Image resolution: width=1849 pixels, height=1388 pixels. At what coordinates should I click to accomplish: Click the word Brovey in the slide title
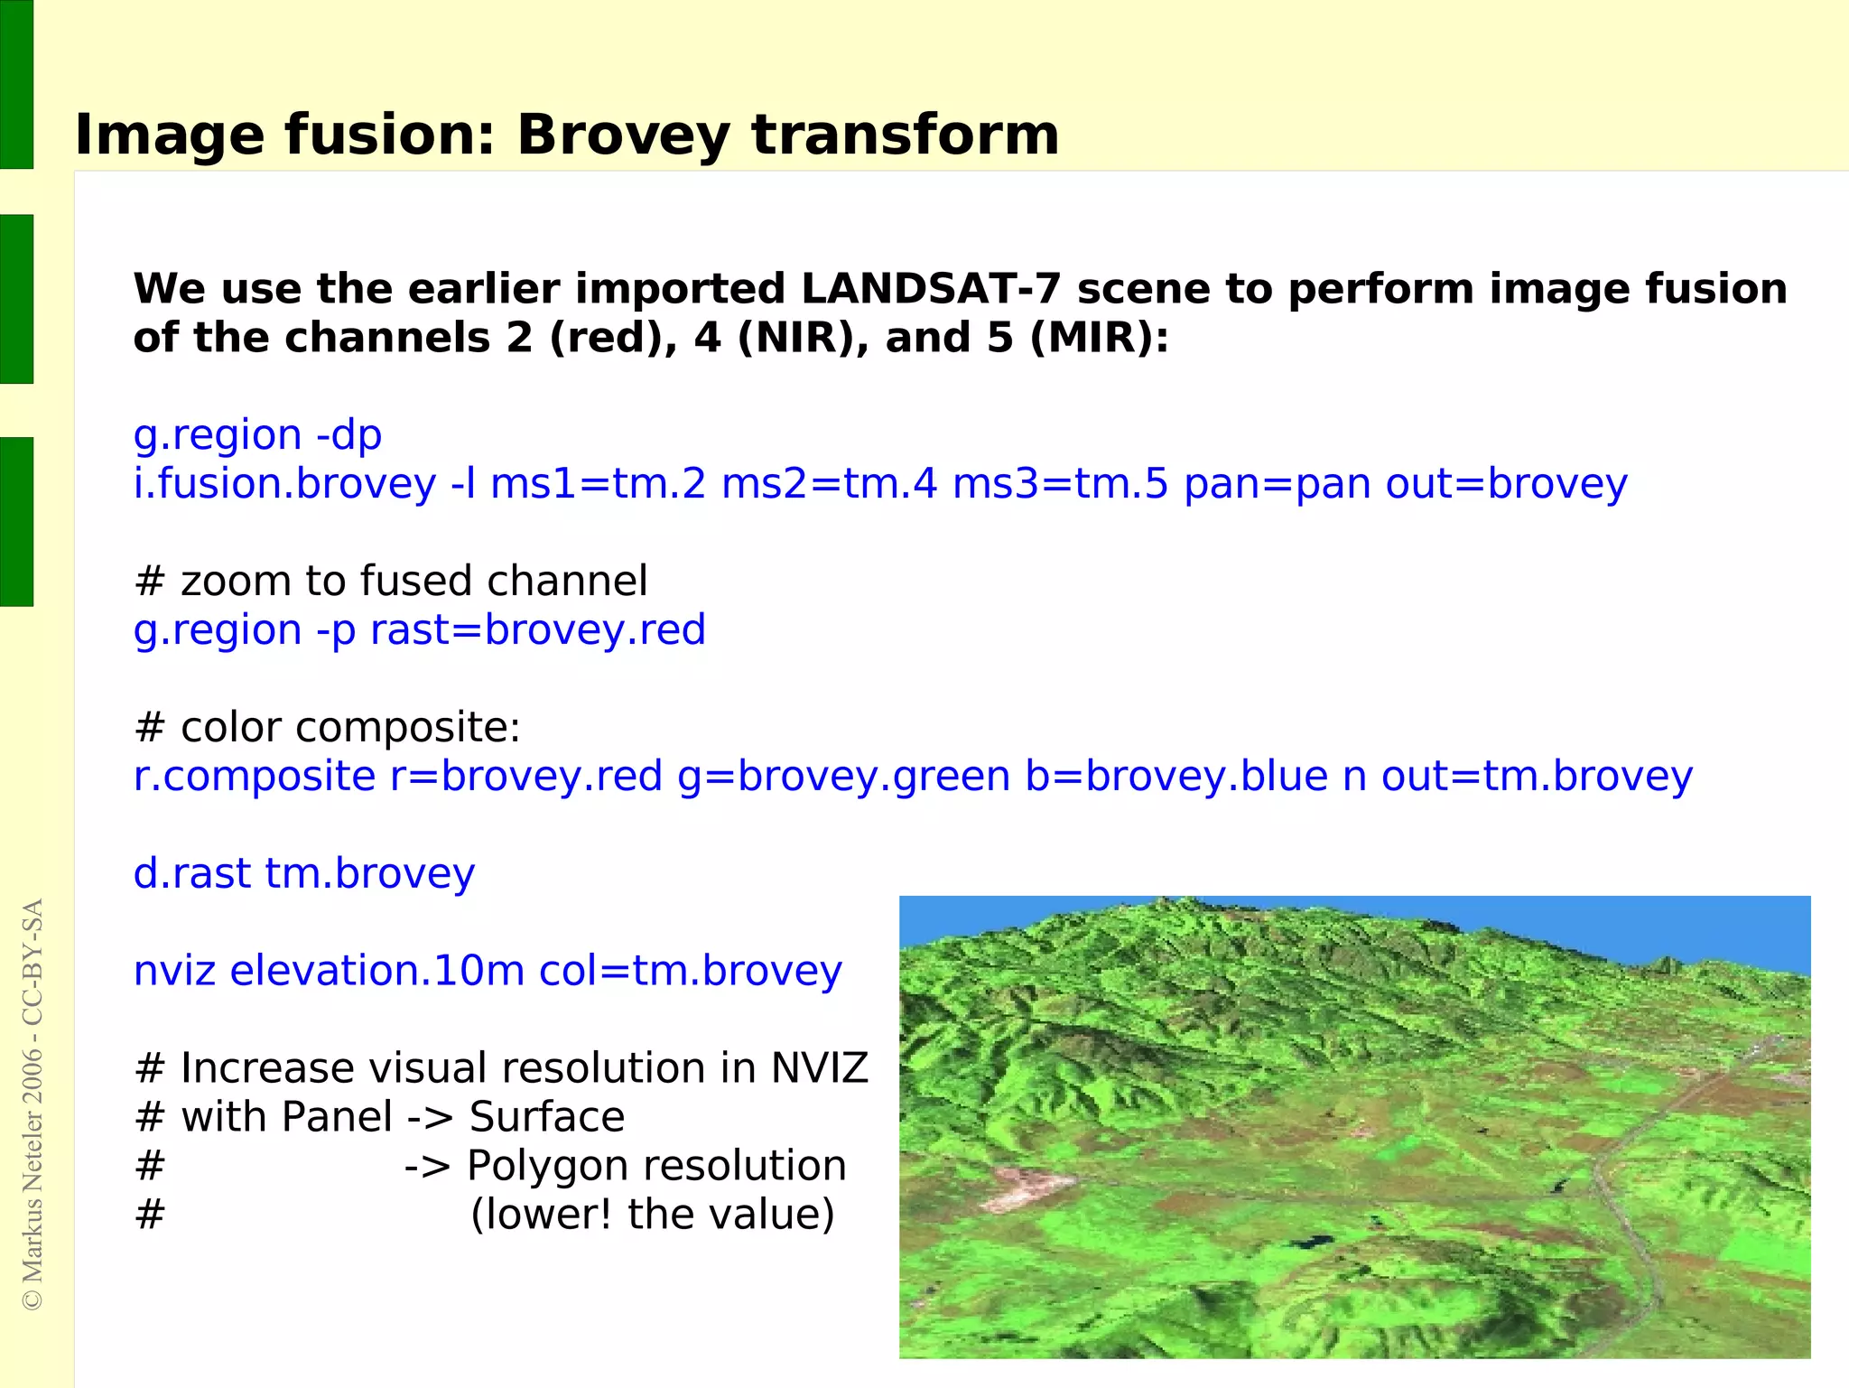622,135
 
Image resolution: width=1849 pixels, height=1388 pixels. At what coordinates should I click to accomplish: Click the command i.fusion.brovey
284,484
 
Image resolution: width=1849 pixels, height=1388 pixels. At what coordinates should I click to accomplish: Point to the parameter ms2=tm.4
829,484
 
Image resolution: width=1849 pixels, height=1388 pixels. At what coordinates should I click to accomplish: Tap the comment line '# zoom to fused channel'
390,581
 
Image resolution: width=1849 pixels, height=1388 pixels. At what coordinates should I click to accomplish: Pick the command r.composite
254,777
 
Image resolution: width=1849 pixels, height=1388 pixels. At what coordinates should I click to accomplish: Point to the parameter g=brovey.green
843,777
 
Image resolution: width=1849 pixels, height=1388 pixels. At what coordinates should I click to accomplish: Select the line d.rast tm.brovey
303,873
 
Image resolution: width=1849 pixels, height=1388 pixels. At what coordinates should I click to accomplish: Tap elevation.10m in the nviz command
376,971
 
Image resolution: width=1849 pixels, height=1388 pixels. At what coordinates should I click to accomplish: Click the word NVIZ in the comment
818,1068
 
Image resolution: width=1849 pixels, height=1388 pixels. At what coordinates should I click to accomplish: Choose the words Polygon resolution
656,1166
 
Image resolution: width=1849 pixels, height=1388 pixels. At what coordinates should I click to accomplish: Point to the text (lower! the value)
652,1215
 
